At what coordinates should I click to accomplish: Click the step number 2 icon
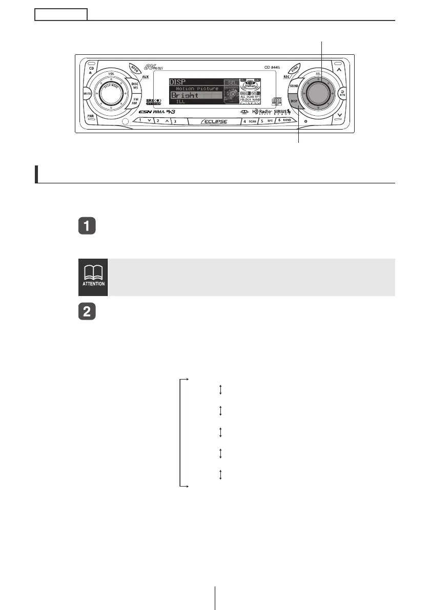pos(85,310)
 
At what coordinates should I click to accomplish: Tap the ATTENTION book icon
pos(93,277)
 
